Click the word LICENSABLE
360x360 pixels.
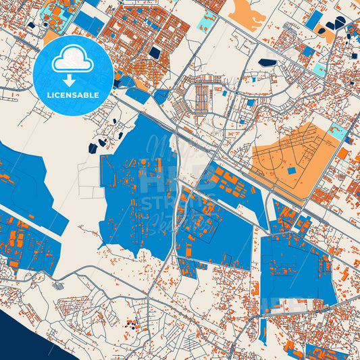click(x=74, y=95)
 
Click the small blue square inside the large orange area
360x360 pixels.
click(x=292, y=170)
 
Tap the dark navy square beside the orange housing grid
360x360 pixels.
click(x=155, y=52)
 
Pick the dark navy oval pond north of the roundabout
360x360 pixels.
click(x=267, y=63)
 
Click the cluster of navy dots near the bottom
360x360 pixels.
click(x=132, y=325)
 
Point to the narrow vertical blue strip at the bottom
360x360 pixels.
click(x=263, y=331)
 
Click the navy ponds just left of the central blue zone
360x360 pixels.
click(x=101, y=142)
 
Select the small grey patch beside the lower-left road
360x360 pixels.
click(x=59, y=286)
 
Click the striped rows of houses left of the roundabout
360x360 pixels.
click(x=202, y=97)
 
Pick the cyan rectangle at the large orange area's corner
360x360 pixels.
click(x=336, y=132)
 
